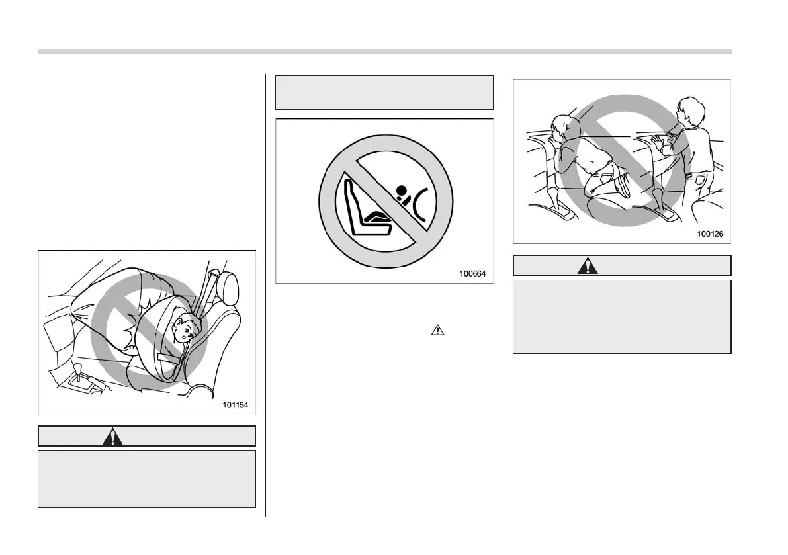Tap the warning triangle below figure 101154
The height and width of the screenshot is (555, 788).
click(113, 437)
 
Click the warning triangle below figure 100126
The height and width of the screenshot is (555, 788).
click(586, 266)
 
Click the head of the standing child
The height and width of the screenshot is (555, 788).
click(687, 110)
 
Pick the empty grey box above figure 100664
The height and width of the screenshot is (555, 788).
click(384, 92)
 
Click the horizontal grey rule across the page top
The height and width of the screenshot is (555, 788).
click(384, 51)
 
